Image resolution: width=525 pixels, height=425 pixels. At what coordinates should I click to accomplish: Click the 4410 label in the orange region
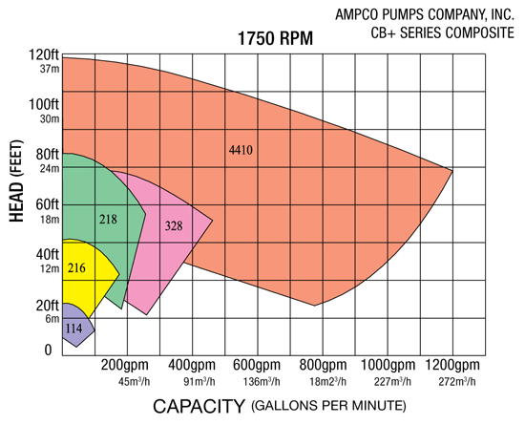(x=242, y=150)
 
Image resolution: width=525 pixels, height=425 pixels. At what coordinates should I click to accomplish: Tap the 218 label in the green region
(x=109, y=219)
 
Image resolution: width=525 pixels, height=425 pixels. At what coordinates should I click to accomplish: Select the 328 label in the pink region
(x=174, y=226)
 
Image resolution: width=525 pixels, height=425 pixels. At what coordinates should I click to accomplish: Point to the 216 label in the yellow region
(x=77, y=268)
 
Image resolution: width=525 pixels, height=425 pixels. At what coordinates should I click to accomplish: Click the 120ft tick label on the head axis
(x=43, y=54)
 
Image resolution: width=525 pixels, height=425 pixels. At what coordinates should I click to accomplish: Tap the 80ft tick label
(x=47, y=153)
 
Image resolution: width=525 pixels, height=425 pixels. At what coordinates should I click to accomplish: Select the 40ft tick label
(x=47, y=254)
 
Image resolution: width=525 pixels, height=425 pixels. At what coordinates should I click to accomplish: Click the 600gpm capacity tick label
(x=256, y=366)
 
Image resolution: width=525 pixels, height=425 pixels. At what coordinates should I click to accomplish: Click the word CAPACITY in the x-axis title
(x=199, y=406)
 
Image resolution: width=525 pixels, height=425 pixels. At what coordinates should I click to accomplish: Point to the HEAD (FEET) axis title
(x=17, y=191)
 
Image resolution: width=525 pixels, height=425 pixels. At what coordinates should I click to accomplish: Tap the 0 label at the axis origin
(x=49, y=351)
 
